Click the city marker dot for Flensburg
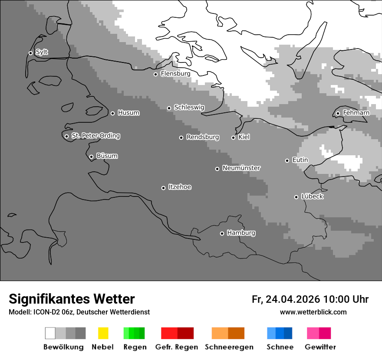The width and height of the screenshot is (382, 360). tap(155, 74)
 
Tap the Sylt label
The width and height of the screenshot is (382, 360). tap(42, 52)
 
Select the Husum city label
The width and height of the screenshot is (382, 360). tap(128, 113)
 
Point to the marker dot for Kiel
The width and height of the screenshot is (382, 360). tap(233, 137)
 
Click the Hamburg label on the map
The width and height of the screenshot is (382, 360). tap(241, 233)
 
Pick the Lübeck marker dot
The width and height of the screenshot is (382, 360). tap(296, 197)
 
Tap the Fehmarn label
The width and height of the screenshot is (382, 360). tap(356, 113)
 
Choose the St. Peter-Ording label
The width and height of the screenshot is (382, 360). tap(95, 136)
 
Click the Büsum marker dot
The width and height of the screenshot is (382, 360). tap(91, 157)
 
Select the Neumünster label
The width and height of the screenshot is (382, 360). tap(241, 168)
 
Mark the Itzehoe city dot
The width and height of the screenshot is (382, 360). tap(163, 188)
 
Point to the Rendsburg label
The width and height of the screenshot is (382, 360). tap(203, 137)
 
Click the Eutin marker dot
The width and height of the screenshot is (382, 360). tap(287, 160)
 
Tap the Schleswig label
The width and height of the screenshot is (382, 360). tap(189, 107)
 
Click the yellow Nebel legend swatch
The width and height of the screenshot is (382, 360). tap(103, 333)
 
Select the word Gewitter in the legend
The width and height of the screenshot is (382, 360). tap(320, 347)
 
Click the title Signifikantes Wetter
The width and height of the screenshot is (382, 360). tap(72, 299)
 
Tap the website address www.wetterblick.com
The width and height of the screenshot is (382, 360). tap(313, 312)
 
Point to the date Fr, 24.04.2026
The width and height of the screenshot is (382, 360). tap(286, 299)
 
